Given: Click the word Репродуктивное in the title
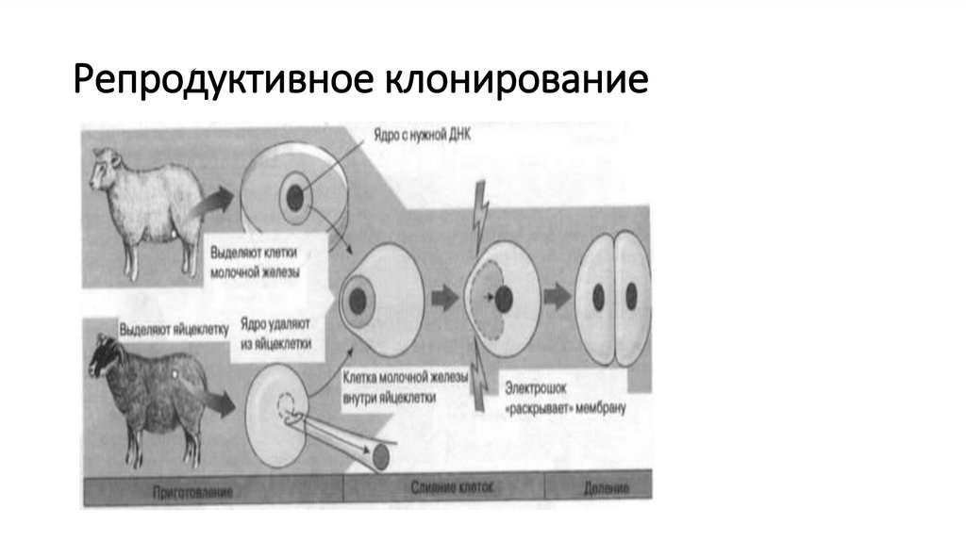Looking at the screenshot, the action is (222, 82).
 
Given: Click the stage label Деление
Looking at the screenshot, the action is (613, 490).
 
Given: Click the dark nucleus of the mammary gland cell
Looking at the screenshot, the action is (294, 198).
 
